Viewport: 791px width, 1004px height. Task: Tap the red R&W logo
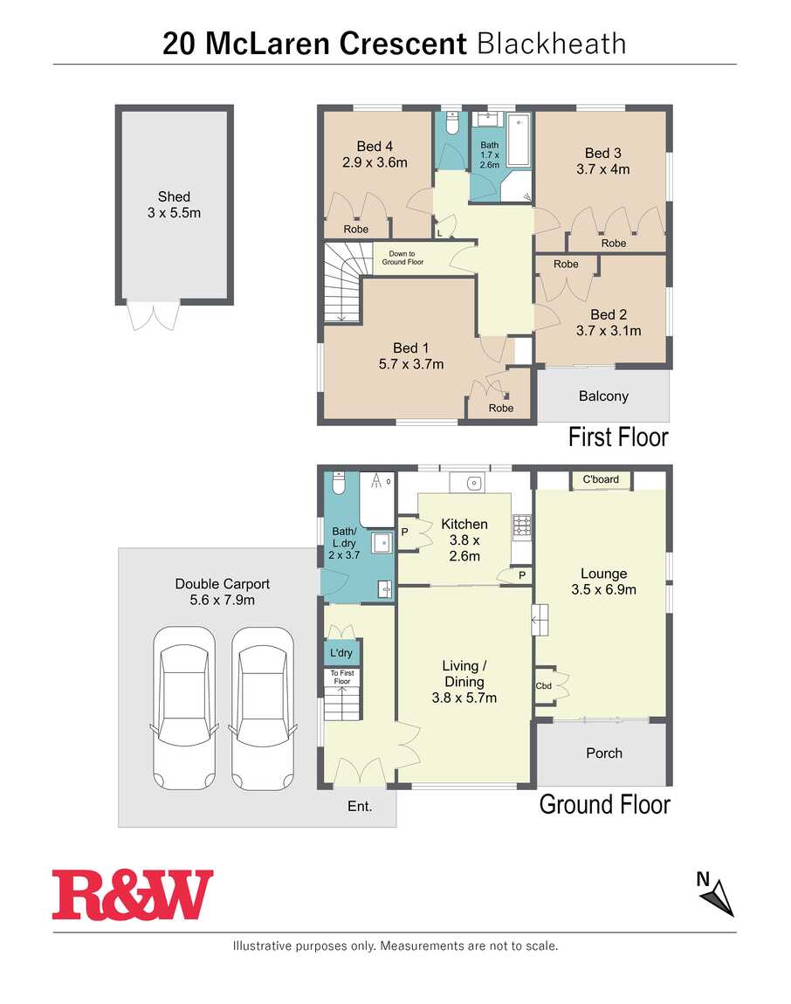(x=133, y=895)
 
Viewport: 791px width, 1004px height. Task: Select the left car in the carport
(x=184, y=708)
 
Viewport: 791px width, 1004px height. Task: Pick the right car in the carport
(x=263, y=708)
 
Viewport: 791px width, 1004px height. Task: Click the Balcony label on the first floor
(x=603, y=396)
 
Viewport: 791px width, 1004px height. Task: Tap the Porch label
(x=604, y=753)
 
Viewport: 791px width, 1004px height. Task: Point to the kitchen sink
(x=473, y=483)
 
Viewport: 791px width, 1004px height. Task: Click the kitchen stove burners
(x=521, y=526)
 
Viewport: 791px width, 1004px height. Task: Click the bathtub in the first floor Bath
(x=518, y=140)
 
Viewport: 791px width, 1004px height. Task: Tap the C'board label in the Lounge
(x=601, y=479)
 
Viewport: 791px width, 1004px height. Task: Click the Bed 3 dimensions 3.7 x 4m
(x=602, y=169)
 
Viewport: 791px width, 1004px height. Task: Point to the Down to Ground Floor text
(x=402, y=258)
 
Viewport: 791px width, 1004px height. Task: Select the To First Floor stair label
(x=342, y=677)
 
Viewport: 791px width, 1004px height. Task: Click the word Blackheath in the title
(x=552, y=44)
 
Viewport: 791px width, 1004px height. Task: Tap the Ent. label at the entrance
(x=360, y=806)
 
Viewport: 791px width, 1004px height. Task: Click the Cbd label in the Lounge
(x=543, y=685)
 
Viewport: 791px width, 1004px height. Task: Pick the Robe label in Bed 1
(x=501, y=408)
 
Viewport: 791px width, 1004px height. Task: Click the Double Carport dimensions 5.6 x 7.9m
(x=223, y=600)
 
